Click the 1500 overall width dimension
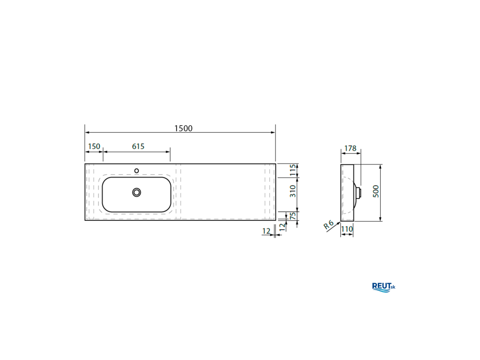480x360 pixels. point(183,128)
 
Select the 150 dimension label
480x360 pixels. point(94,146)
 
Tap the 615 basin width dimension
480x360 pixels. point(138,146)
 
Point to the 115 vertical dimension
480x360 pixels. point(293,170)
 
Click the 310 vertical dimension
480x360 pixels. point(293,191)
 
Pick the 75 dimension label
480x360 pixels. point(293,216)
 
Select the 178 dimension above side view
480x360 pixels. point(350,149)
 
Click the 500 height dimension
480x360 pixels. point(376,191)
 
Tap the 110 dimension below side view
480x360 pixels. point(347,229)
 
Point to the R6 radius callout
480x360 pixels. point(329,225)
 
